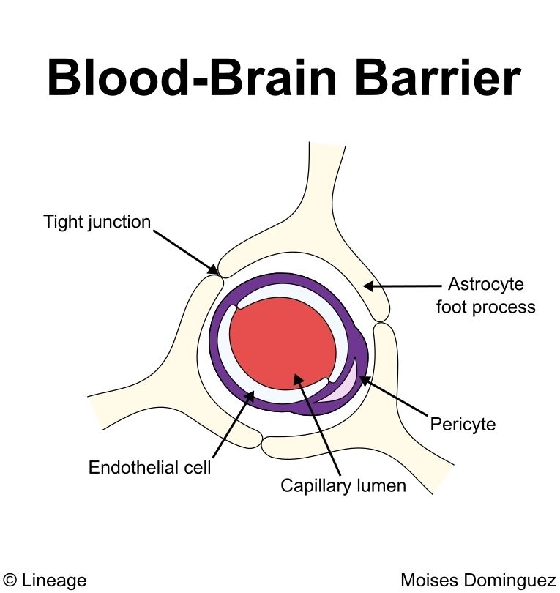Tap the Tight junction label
(x=97, y=221)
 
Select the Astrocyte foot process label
(x=486, y=295)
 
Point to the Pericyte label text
(x=463, y=424)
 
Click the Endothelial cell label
(x=149, y=467)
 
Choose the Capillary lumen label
(x=343, y=485)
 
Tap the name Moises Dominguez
(x=478, y=581)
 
